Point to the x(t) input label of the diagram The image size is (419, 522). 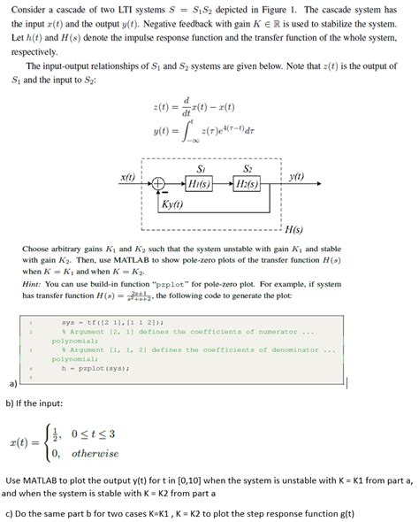pyautogui.click(x=128, y=177)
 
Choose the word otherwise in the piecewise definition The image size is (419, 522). pyautogui.click(x=95, y=453)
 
